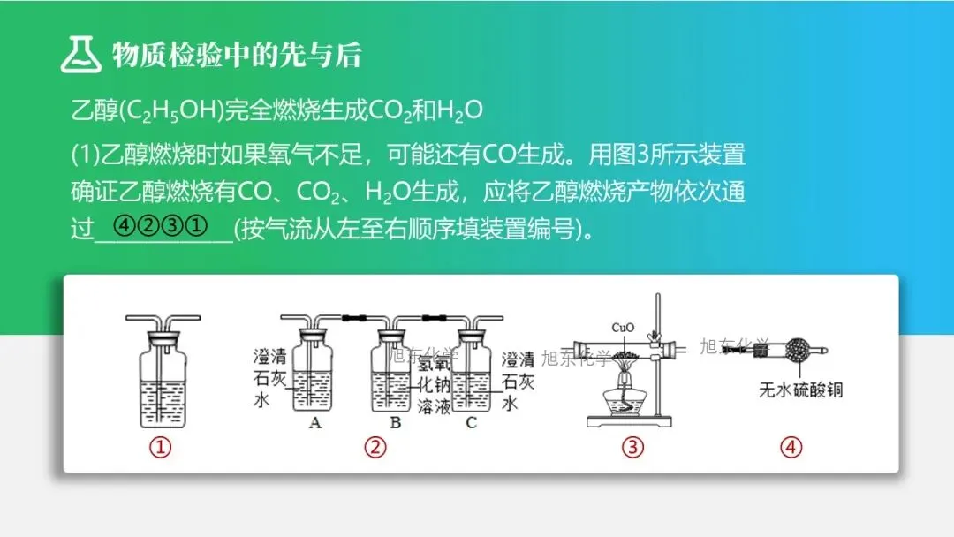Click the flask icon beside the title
coord(81,54)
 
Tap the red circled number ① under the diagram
coord(161,448)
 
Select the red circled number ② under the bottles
coord(375,448)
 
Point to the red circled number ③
coord(632,448)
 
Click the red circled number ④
coord(791,448)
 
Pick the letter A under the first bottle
coord(314,423)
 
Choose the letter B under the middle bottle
coord(396,423)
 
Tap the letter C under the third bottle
coord(471,423)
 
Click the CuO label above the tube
coord(623,328)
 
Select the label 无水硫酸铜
coord(800,390)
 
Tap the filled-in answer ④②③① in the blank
coord(161,226)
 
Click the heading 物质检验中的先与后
coord(237,55)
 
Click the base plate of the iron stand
coord(629,420)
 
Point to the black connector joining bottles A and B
coord(353,317)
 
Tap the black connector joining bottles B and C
coord(435,317)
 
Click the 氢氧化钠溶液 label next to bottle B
coord(434,384)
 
